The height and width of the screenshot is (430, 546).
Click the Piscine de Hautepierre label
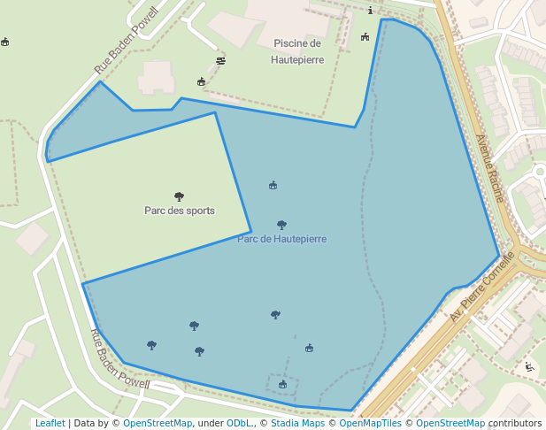point(298,51)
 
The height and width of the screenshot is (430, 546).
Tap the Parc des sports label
point(179,211)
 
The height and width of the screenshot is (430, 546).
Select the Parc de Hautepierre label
point(281,239)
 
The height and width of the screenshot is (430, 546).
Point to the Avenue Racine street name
point(489,168)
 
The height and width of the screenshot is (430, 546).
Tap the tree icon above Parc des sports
point(179,196)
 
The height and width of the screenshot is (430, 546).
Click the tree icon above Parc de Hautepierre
point(281,225)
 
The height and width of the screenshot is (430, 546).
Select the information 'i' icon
point(370,12)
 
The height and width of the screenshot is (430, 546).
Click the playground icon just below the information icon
point(365,36)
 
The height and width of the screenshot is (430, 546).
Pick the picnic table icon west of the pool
point(220,60)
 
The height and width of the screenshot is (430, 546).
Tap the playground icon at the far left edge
point(5,42)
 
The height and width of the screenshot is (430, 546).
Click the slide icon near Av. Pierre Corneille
point(529,367)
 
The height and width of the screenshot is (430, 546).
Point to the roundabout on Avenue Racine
point(539,171)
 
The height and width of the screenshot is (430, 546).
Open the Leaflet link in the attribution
point(50,423)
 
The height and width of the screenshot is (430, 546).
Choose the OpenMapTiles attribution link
point(371,423)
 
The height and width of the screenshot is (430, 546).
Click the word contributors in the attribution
point(514,423)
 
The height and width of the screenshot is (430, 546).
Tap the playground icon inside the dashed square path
point(282,384)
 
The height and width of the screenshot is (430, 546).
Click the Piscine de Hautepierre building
point(292,18)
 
